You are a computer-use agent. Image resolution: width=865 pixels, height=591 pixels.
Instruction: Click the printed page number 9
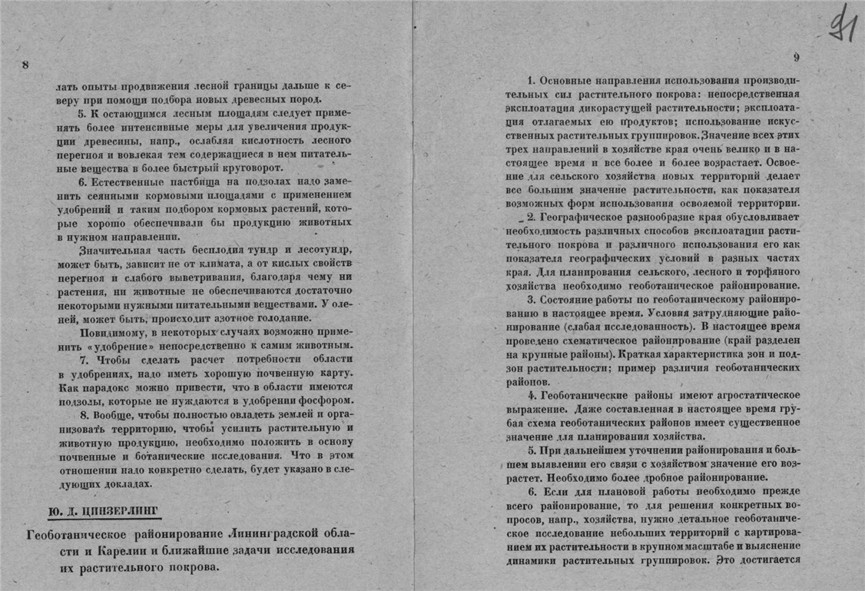(796, 57)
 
